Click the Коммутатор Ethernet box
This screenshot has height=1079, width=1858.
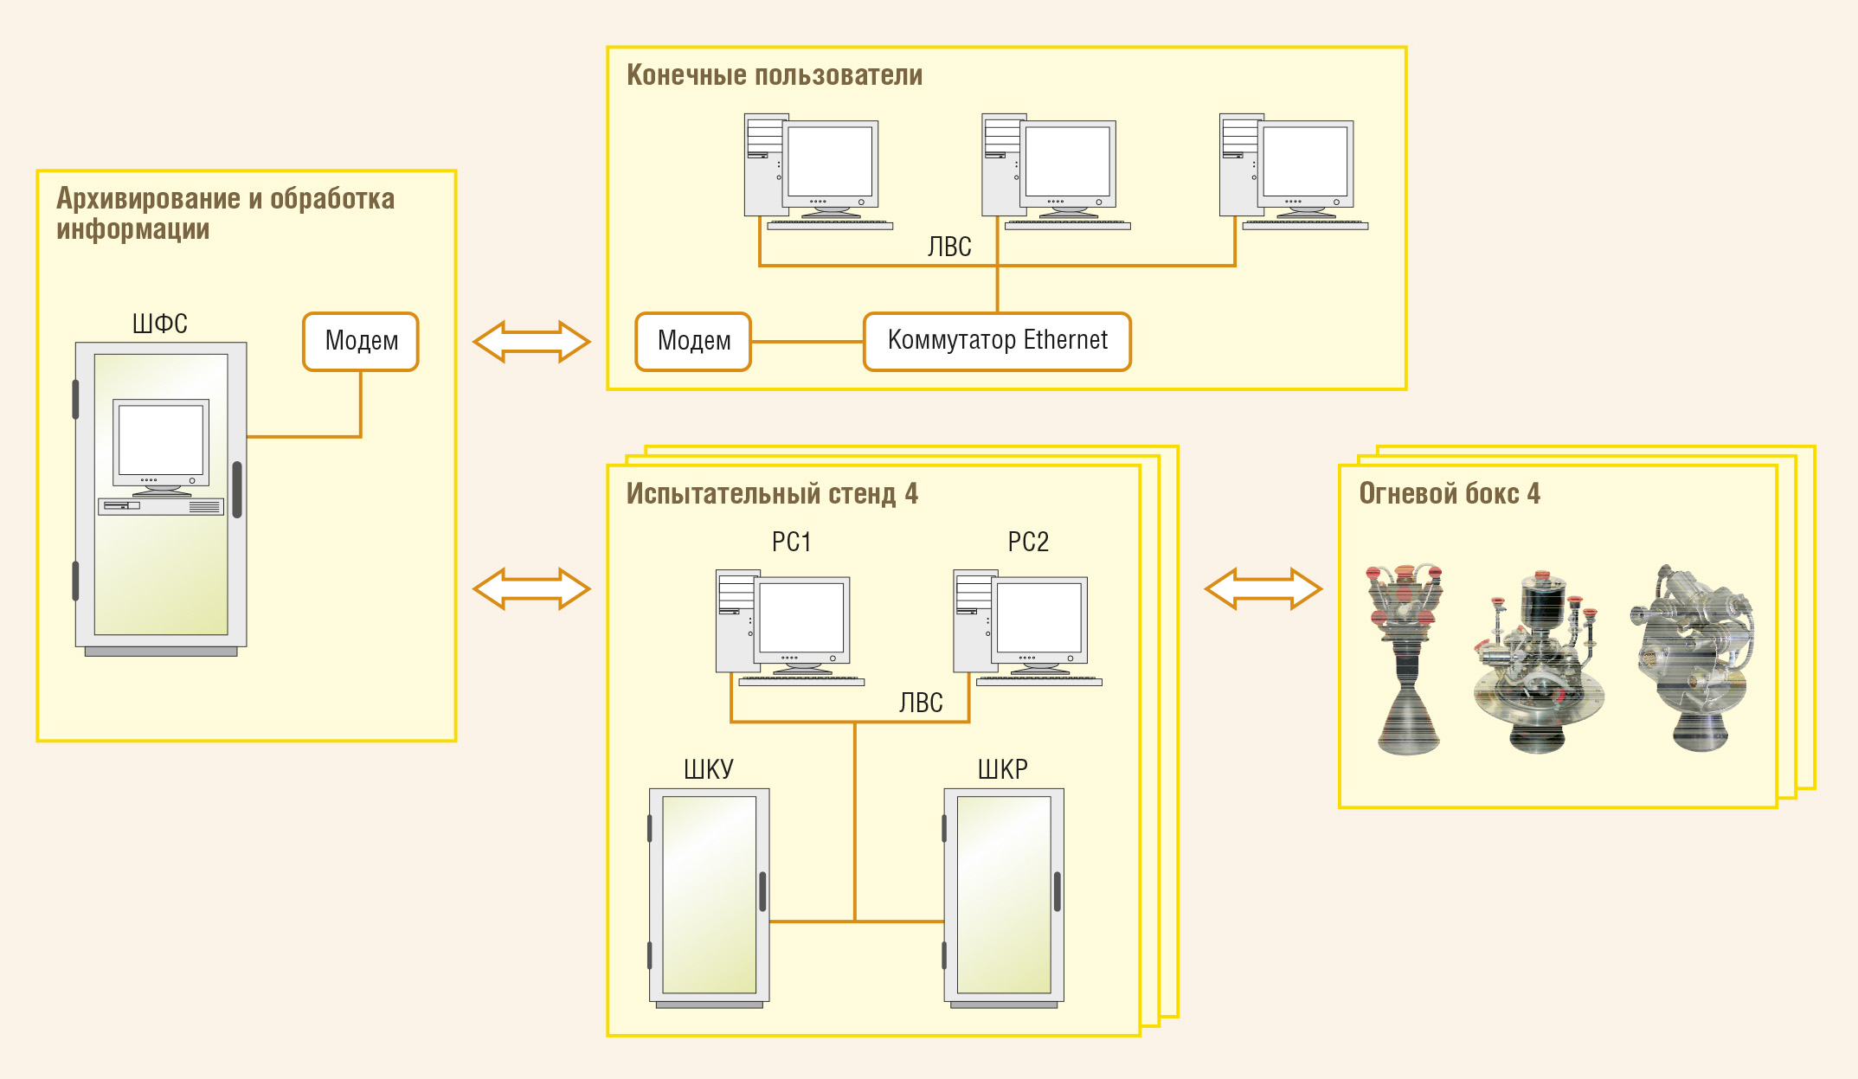point(997,342)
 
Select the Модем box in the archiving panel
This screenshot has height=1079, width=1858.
point(361,342)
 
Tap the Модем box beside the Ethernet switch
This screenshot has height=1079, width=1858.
point(693,342)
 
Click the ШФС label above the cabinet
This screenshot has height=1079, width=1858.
point(160,324)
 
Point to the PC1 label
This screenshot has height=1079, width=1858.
point(791,542)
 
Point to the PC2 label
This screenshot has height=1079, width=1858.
point(1028,542)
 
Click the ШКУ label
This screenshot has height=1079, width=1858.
point(709,769)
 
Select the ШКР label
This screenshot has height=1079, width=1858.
point(1003,769)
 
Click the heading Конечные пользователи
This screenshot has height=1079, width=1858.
point(775,75)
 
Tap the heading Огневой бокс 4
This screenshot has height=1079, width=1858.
point(1450,493)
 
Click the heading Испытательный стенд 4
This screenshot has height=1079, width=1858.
point(772,494)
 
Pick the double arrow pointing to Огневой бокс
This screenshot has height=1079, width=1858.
point(1263,589)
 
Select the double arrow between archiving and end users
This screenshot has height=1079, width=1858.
point(531,342)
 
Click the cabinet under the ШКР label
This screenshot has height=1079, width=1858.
point(1004,897)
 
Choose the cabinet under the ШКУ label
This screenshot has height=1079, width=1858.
point(710,897)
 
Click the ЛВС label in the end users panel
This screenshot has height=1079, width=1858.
point(949,247)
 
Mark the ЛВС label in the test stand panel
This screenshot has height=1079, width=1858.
point(921,703)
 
